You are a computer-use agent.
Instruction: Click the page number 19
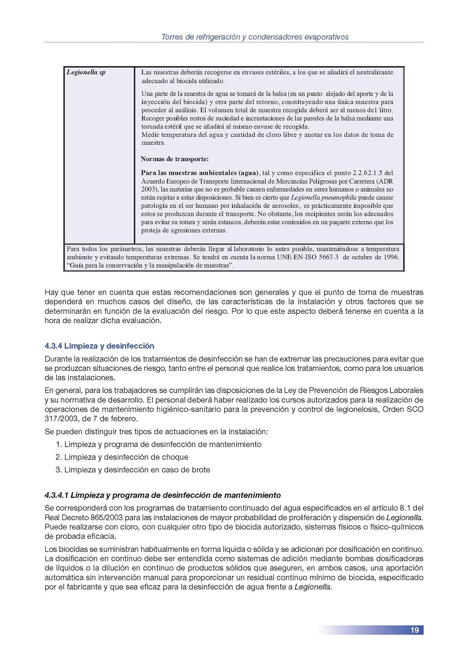coord(414,630)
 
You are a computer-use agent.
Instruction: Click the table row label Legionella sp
coord(86,72)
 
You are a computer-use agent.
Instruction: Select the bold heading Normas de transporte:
coord(174,159)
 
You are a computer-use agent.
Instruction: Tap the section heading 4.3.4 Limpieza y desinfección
coord(99,346)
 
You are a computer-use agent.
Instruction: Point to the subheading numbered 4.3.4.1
coord(163,495)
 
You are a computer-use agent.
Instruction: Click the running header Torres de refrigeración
coord(255,37)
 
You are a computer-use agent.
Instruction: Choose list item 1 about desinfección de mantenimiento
coord(158,444)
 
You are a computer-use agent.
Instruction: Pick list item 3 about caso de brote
coord(133,470)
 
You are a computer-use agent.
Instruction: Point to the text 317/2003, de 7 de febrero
coord(91,419)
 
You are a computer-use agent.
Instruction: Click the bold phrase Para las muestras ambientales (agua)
coord(200,173)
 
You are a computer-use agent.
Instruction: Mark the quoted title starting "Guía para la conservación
coord(150,265)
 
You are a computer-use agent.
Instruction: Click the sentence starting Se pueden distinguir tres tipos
coord(156,431)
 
